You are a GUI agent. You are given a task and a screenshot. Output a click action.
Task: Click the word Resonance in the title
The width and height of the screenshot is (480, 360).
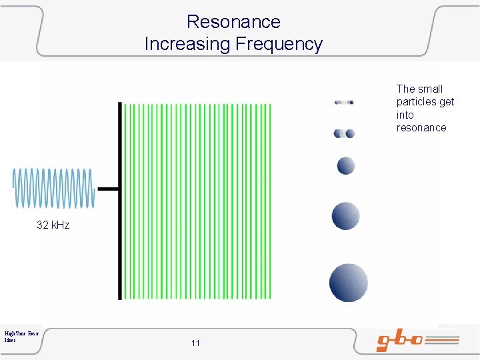point(233,21)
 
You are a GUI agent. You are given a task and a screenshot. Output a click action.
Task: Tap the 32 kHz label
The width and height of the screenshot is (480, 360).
point(53,225)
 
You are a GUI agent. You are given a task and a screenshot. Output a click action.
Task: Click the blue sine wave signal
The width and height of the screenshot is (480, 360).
point(53,187)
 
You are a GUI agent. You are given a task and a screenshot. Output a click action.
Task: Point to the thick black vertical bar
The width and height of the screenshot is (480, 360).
point(120,200)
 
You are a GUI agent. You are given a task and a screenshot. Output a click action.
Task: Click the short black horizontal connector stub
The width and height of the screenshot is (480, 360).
point(108,189)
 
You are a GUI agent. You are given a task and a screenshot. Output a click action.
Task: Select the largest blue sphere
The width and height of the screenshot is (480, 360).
point(348,282)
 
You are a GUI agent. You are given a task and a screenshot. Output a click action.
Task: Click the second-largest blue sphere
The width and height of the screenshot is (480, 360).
point(345,216)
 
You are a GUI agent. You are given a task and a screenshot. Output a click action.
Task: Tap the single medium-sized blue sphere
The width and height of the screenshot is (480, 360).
point(345,165)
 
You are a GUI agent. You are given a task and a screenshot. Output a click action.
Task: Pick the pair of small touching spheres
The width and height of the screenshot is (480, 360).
point(344,133)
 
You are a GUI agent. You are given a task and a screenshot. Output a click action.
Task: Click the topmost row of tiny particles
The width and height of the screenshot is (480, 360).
point(344,103)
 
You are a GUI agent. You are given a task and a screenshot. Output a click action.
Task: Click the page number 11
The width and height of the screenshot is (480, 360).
point(195,343)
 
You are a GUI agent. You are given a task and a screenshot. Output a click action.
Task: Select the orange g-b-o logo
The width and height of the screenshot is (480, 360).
point(417,341)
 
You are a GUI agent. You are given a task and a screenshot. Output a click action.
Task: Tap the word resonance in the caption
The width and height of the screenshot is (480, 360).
point(421,128)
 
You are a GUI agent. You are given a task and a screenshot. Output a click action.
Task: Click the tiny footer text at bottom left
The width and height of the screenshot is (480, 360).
point(21,335)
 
